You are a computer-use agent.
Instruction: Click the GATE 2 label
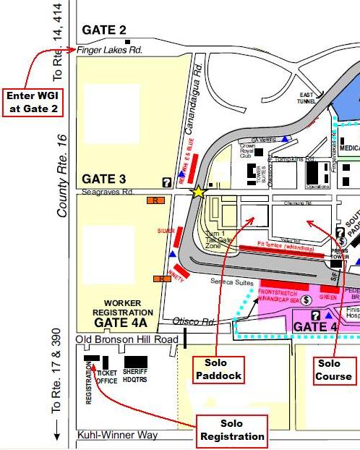(104, 30)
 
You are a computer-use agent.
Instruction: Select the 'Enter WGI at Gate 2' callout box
(32, 103)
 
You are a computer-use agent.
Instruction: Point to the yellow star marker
(197, 192)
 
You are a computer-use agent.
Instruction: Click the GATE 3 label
(104, 179)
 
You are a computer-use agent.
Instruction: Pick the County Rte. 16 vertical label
(63, 175)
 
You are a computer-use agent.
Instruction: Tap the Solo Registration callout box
(232, 430)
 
